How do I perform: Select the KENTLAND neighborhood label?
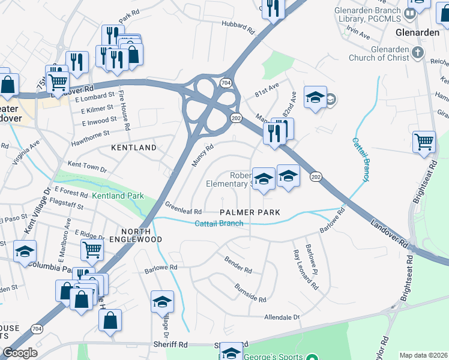[x=133, y=147]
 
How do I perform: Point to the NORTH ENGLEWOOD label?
[x=142, y=235]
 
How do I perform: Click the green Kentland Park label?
[x=118, y=196]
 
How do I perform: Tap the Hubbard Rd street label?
[x=239, y=26]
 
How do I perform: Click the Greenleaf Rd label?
[x=183, y=207]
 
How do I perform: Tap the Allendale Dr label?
[x=282, y=316]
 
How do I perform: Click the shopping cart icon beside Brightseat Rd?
[x=424, y=142]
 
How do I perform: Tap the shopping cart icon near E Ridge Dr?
[x=92, y=248]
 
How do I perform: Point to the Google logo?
[x=20, y=353]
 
